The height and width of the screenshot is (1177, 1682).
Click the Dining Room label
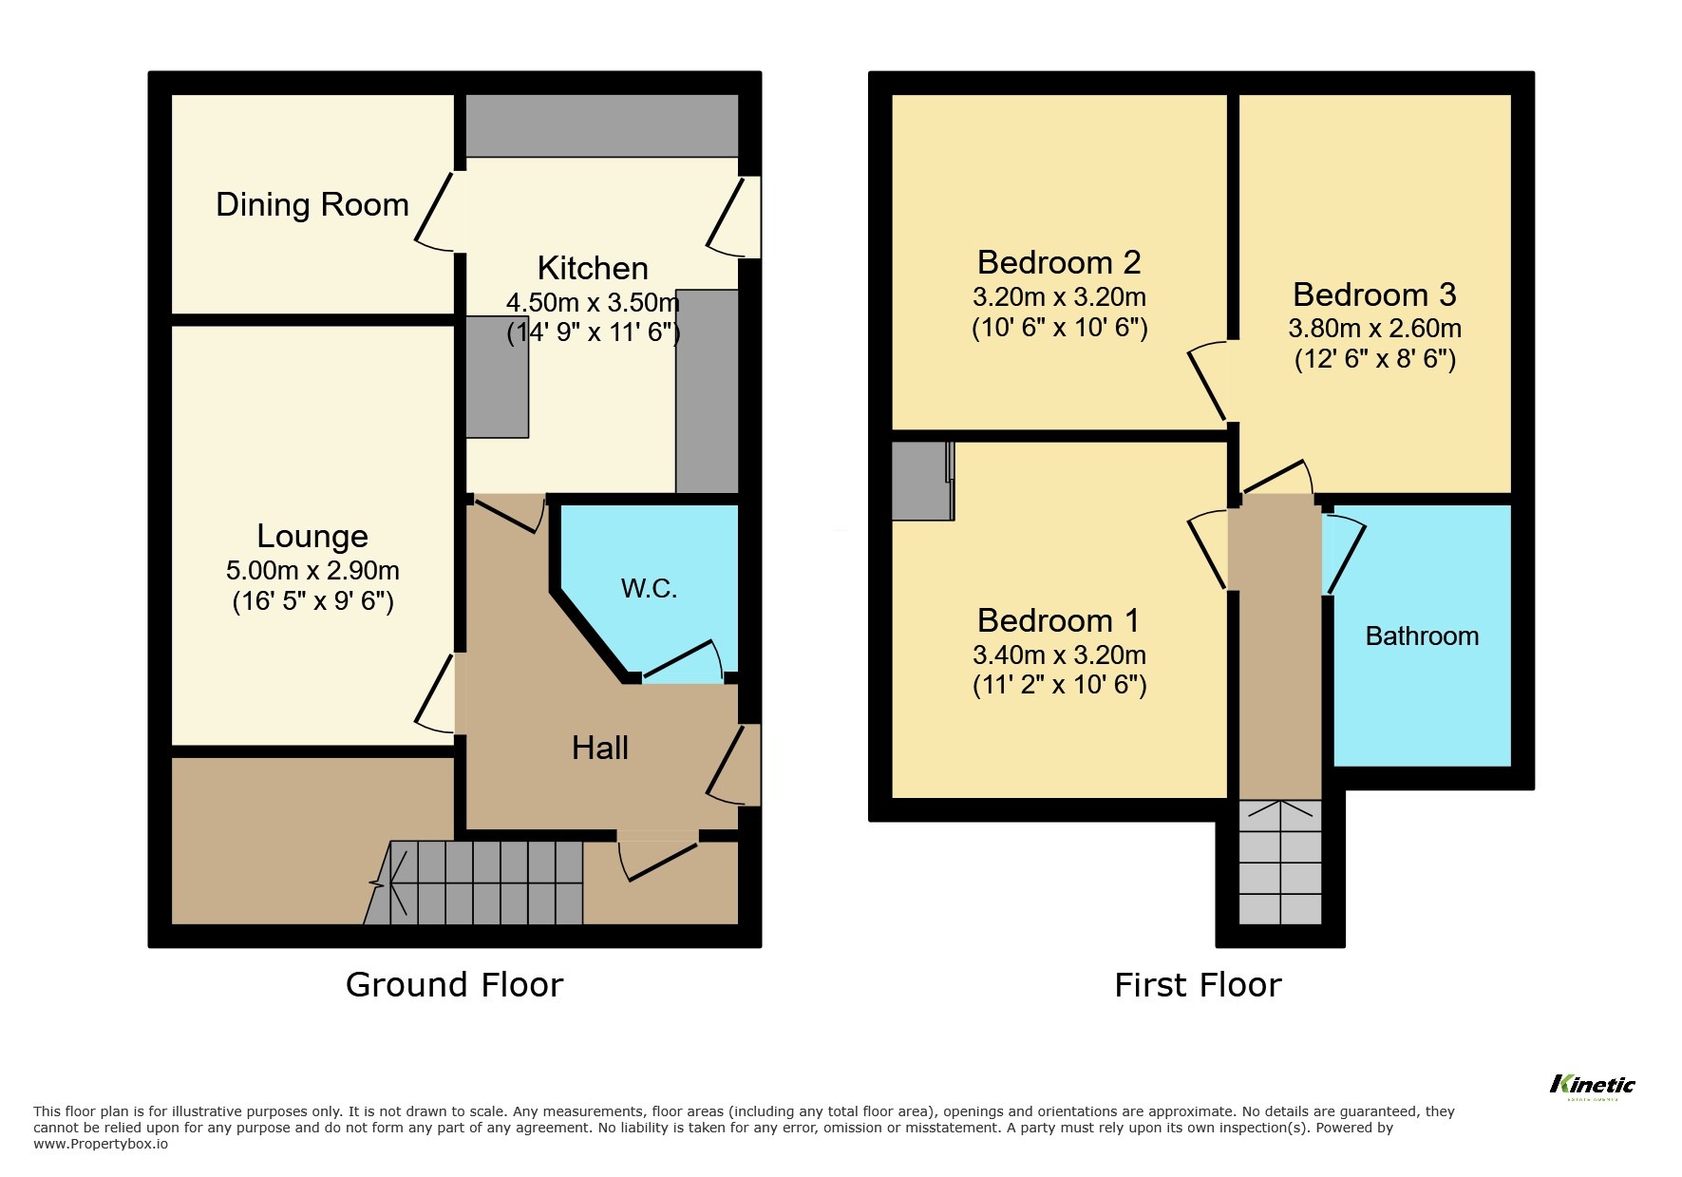pos(312,205)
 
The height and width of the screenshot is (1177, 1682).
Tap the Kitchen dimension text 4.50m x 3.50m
pos(593,303)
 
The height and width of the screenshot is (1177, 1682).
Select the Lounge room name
pos(312,536)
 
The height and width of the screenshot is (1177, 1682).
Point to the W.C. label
pos(649,589)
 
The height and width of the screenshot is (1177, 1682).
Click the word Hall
pos(599,749)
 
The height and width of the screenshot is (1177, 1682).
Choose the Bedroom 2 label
pos(1058,262)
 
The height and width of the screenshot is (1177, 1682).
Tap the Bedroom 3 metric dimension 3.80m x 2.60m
pos(1374,329)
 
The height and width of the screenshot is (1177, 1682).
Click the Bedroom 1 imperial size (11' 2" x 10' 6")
pos(1059,685)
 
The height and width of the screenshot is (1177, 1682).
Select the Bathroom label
pos(1422,636)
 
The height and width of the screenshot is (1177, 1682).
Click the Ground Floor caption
pos(454,985)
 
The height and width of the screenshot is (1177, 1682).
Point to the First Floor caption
pos(1198,985)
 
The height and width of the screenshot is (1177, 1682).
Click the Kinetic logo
pos(1593,1085)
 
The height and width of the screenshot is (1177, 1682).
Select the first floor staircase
pos(1280,862)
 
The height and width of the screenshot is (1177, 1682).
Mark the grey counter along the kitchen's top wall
pos(601,124)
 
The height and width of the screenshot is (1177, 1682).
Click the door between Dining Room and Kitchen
pos(435,211)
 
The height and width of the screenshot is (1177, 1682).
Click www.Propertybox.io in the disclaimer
pos(101,1144)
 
